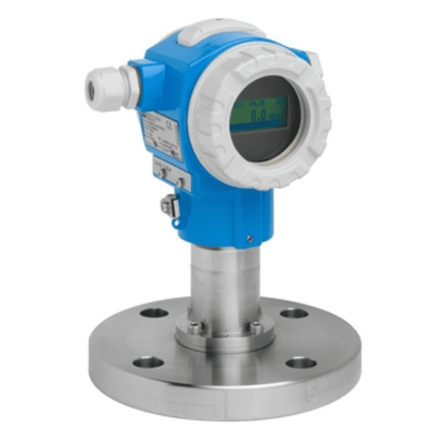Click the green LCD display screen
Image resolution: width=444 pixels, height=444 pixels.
pos(259,114)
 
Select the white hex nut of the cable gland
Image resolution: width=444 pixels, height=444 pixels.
pos(129,86)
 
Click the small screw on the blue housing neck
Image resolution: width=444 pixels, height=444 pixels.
pos(250,238)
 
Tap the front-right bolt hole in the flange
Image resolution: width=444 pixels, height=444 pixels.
pos(301,364)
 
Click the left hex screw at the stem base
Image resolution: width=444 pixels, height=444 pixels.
pos(194,328)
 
